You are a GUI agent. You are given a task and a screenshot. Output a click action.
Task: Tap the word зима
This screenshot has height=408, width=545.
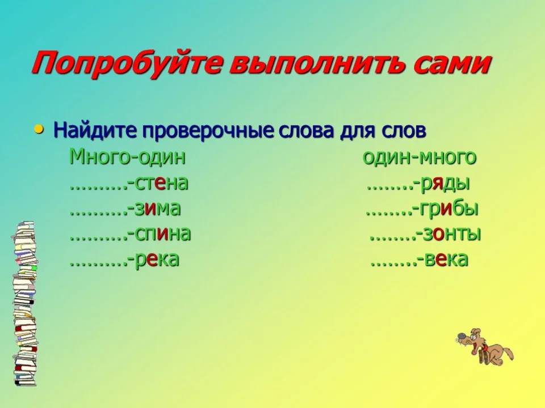point(157,209)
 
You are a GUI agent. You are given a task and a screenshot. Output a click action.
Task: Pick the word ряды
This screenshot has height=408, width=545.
point(445,184)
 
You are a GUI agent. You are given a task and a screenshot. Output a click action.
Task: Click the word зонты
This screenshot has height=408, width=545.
point(451,233)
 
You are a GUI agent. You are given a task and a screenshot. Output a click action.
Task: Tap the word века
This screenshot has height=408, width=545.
point(446,259)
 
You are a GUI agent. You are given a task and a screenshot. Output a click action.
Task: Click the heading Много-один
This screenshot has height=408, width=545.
point(128,158)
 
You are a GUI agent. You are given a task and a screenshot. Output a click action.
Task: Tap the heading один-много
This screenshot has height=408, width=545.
point(420,158)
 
